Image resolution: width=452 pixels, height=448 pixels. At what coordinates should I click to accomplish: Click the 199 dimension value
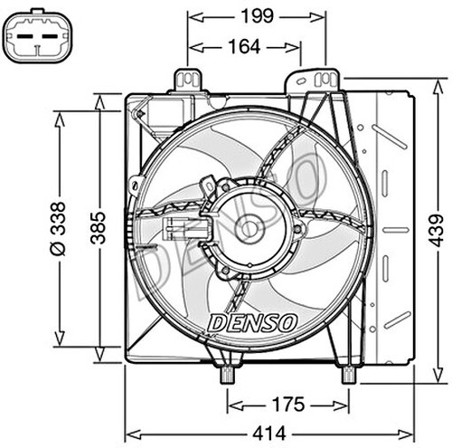256,15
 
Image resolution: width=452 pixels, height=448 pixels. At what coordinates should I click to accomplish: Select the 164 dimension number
243,45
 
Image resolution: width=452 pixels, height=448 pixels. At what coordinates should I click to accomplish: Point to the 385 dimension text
99,228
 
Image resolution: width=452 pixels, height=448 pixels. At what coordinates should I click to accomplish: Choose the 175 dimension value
287,404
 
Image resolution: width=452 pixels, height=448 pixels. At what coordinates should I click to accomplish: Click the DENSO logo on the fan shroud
252,321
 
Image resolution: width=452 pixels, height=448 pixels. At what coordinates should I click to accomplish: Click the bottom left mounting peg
226,371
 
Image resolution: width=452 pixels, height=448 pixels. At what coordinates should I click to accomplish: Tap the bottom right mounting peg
347,371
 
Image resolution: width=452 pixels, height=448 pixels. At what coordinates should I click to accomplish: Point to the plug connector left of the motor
176,228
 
